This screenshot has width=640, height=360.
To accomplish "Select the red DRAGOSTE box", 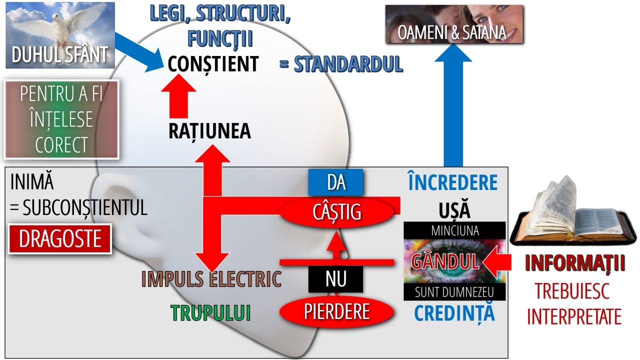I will click(60, 239).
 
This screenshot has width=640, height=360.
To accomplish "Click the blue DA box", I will click(336, 182).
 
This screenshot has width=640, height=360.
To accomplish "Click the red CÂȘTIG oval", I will click(336, 212).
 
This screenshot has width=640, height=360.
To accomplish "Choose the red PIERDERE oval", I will click(336, 311).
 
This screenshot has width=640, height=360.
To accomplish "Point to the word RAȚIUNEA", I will click(209, 131).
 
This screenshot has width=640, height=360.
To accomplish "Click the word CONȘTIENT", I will click(213, 64).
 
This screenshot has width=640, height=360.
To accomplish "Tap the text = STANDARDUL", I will click(341, 64).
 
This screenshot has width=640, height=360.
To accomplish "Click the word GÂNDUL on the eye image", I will click(445, 260).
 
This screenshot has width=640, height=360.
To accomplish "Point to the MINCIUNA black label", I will click(454, 230).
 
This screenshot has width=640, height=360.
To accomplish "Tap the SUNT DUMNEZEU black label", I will click(454, 292).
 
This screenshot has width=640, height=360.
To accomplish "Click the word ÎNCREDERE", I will click(452, 183).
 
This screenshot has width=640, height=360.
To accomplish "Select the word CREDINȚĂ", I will click(454, 313).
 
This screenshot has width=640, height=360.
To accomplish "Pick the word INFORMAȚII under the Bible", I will click(574, 263).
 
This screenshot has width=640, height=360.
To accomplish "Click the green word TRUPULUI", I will click(210, 313).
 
